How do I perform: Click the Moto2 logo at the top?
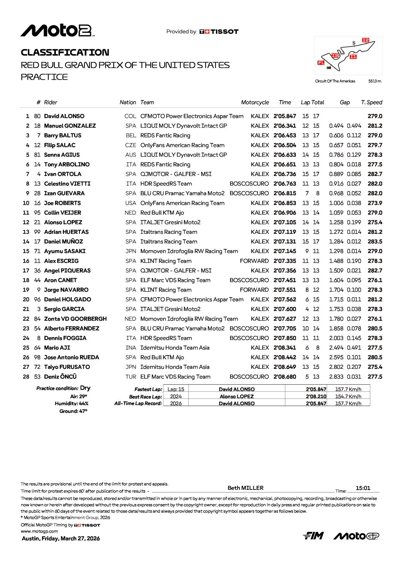(57, 31)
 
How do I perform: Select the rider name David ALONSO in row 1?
(64, 116)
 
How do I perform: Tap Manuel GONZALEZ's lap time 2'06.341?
(285, 126)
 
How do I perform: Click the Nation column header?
(128, 102)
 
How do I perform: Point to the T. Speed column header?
(372, 102)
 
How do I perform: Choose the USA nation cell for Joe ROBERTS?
(130, 203)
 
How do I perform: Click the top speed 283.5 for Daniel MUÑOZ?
(375, 242)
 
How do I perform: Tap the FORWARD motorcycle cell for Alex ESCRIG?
(254, 261)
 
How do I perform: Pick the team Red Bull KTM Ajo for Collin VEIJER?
(162, 213)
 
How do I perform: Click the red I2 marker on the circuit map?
(366, 40)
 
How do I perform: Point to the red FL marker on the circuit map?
(321, 63)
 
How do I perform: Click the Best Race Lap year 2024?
(176, 396)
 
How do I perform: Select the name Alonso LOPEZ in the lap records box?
(237, 396)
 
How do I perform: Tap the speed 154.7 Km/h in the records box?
(348, 396)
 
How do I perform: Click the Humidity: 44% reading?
(72, 404)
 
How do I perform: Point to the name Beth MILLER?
(246, 488)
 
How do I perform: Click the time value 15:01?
(363, 488)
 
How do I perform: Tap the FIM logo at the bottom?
(313, 536)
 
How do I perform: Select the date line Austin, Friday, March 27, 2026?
(61, 538)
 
